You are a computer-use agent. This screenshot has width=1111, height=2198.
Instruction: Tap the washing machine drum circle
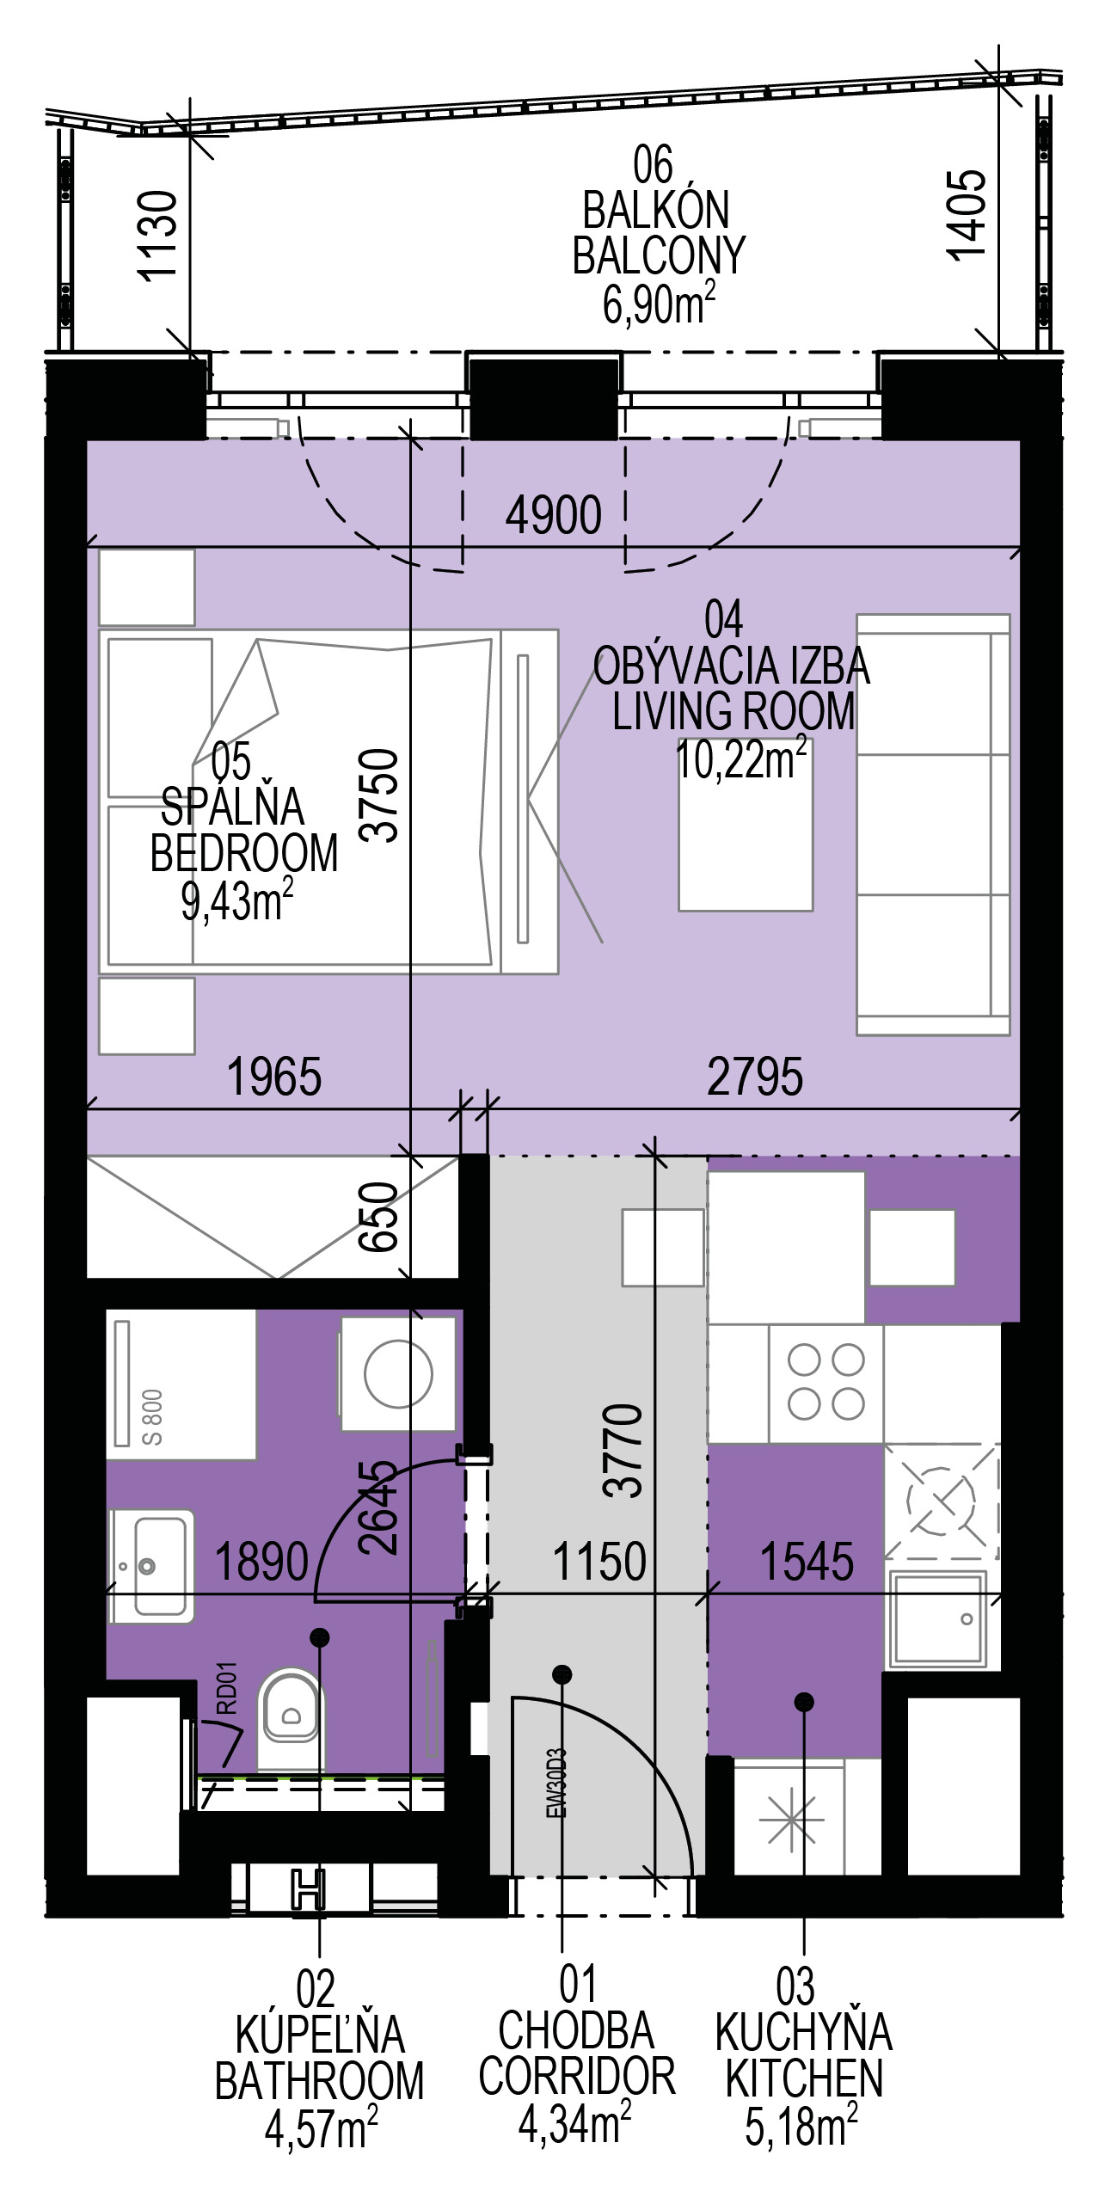coord(398,1373)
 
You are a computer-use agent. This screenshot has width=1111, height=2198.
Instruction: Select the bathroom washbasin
coord(150,1566)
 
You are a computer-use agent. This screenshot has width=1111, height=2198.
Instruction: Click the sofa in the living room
coord(933,825)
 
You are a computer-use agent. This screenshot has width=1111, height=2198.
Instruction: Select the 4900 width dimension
coord(554,515)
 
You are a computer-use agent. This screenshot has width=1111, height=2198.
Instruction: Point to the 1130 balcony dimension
coord(158,235)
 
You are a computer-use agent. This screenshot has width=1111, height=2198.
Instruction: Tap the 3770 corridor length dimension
coord(623,1451)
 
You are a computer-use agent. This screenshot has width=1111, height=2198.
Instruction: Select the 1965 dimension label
coord(274,1077)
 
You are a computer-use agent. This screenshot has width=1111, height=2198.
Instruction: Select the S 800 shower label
coord(153,1417)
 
